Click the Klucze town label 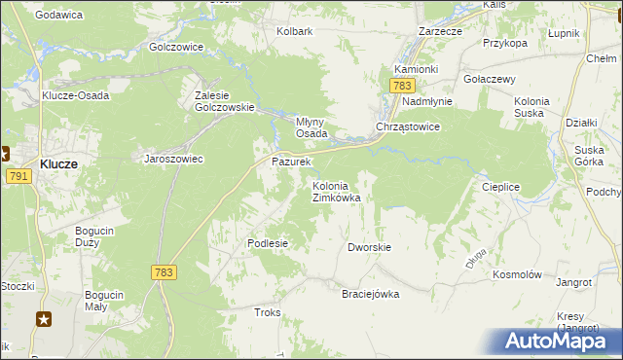tap(59, 164)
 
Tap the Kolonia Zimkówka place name tap(336, 192)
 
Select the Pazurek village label tap(290, 162)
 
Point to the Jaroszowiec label tap(173, 159)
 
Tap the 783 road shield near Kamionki tap(403, 87)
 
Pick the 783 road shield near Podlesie tap(164, 273)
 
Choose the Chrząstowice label tap(409, 127)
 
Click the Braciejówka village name tap(370, 294)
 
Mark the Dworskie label tap(369, 247)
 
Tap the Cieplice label tap(500, 187)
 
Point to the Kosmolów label tap(517, 275)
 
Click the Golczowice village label tap(175, 47)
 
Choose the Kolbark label tap(294, 31)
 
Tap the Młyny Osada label tap(311, 127)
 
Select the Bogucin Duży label tap(97, 236)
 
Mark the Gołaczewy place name tap(489, 79)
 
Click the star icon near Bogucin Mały tap(44, 318)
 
